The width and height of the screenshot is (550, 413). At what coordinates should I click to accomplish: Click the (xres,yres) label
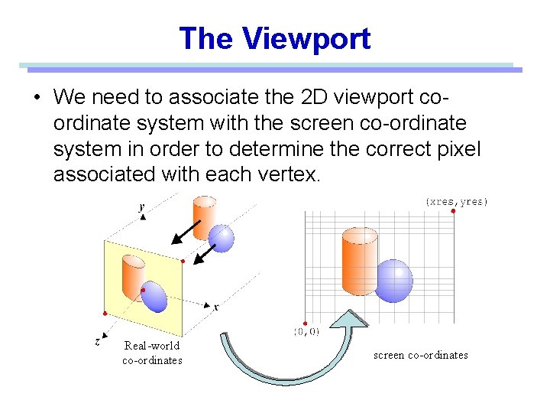click(x=456, y=201)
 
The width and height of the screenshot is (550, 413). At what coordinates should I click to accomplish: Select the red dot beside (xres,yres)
click(x=454, y=211)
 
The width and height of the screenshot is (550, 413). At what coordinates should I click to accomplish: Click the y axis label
click(x=141, y=206)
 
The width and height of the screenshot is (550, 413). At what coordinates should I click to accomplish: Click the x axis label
click(x=216, y=307)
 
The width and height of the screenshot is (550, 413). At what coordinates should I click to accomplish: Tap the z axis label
click(x=97, y=342)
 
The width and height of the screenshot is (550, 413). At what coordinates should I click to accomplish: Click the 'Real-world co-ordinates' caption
click(x=152, y=353)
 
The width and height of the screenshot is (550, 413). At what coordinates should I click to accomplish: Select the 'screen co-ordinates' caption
click(x=420, y=355)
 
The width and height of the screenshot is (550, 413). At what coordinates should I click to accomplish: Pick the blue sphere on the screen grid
click(x=394, y=280)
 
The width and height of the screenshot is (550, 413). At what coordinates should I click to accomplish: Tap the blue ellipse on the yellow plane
click(x=154, y=297)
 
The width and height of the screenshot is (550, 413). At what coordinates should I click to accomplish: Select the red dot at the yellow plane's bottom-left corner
click(x=105, y=314)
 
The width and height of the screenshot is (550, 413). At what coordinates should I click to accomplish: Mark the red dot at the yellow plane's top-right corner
click(x=182, y=262)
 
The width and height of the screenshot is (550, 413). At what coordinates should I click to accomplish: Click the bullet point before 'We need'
click(x=36, y=98)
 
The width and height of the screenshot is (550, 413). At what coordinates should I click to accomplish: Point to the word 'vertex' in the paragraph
click(x=288, y=174)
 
